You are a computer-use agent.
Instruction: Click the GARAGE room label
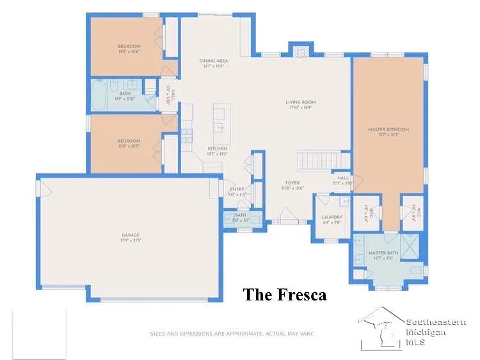(131, 235)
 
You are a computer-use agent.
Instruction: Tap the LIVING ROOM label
(300, 102)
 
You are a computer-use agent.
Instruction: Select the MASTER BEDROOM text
(388, 129)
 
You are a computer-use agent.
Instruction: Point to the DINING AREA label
(213, 61)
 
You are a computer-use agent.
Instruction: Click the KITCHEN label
(217, 149)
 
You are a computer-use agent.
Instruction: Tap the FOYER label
(292, 183)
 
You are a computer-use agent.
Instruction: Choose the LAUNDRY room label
(332, 217)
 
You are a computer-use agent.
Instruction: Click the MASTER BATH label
(383, 254)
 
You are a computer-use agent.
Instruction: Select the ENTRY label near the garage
(237, 189)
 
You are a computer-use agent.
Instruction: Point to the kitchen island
(220, 119)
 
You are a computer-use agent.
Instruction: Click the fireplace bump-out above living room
(300, 50)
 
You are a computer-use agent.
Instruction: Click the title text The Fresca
(284, 295)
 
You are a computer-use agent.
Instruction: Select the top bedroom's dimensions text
(129, 52)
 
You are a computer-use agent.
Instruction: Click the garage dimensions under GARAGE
(131, 241)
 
